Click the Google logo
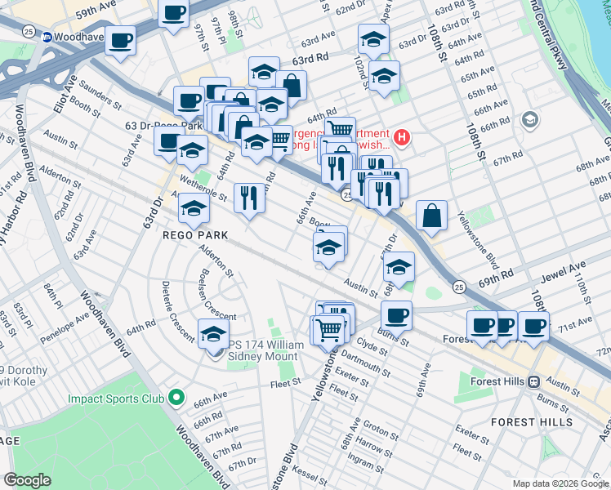point(28,480)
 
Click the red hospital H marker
point(402,135)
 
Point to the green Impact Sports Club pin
point(175,399)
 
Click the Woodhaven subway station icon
point(47,37)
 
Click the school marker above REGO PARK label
point(194,209)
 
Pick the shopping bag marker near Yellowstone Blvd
point(431,216)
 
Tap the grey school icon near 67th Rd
point(528,122)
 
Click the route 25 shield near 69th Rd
point(459,287)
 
